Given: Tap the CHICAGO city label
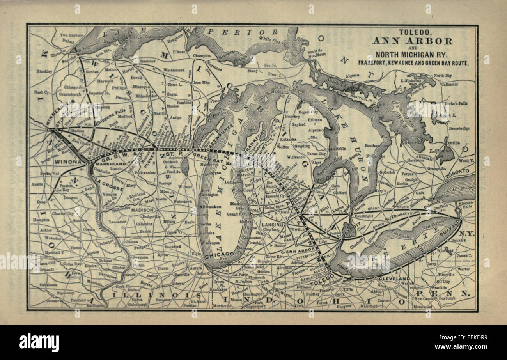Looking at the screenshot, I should pos(220,254).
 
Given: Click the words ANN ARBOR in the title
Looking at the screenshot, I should pos(412,41).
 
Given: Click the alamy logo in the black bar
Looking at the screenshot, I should pos(39,342).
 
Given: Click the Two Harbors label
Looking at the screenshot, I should pos(71,35).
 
